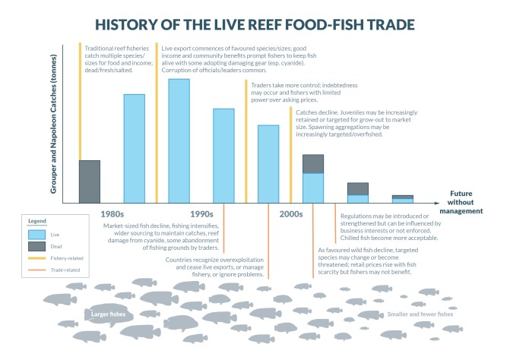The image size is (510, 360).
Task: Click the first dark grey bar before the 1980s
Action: click(x=90, y=182)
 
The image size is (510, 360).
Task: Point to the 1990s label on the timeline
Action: click(x=202, y=214)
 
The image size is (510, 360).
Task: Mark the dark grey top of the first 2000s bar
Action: click(x=313, y=163)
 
